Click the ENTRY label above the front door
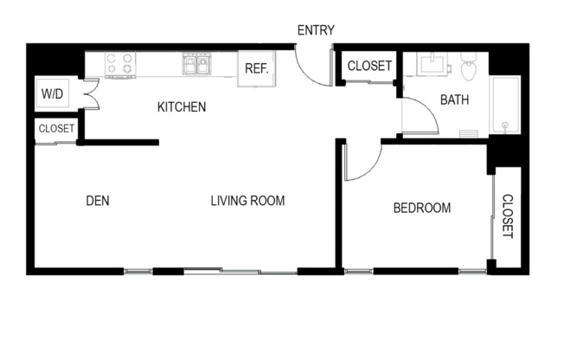pos(316,30)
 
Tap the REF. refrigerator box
pos(256,69)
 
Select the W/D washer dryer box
pos(51,93)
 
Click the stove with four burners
pos(120,64)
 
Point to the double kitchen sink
pos(195,64)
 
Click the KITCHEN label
pos(181,107)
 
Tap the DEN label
pos(97,201)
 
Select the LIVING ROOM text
pos(247,201)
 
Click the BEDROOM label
pos(422,208)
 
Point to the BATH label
pos(454,100)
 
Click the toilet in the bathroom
pos(469,66)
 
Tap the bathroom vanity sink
pos(430,64)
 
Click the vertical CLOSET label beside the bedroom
pos(507,215)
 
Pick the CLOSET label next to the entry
pos(369,66)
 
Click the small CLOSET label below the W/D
pos(55,129)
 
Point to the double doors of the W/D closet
pos(89,93)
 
